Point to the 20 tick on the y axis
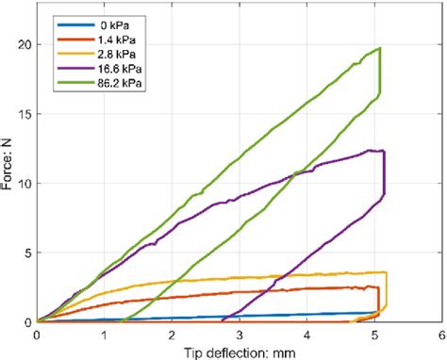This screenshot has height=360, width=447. tap(25, 45)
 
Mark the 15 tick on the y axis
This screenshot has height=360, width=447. tap(25, 114)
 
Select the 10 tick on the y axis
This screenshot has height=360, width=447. tap(25, 183)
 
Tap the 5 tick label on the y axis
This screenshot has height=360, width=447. tap(28, 253)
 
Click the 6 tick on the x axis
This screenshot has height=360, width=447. tap(441, 333)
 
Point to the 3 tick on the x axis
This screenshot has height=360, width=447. tap(240, 333)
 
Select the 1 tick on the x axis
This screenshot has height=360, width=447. tap(104, 333)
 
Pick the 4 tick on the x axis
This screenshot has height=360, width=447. tap(306, 333)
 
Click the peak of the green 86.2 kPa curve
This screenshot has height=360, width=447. tap(379, 48)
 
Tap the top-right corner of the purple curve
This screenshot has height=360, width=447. tap(383, 151)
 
